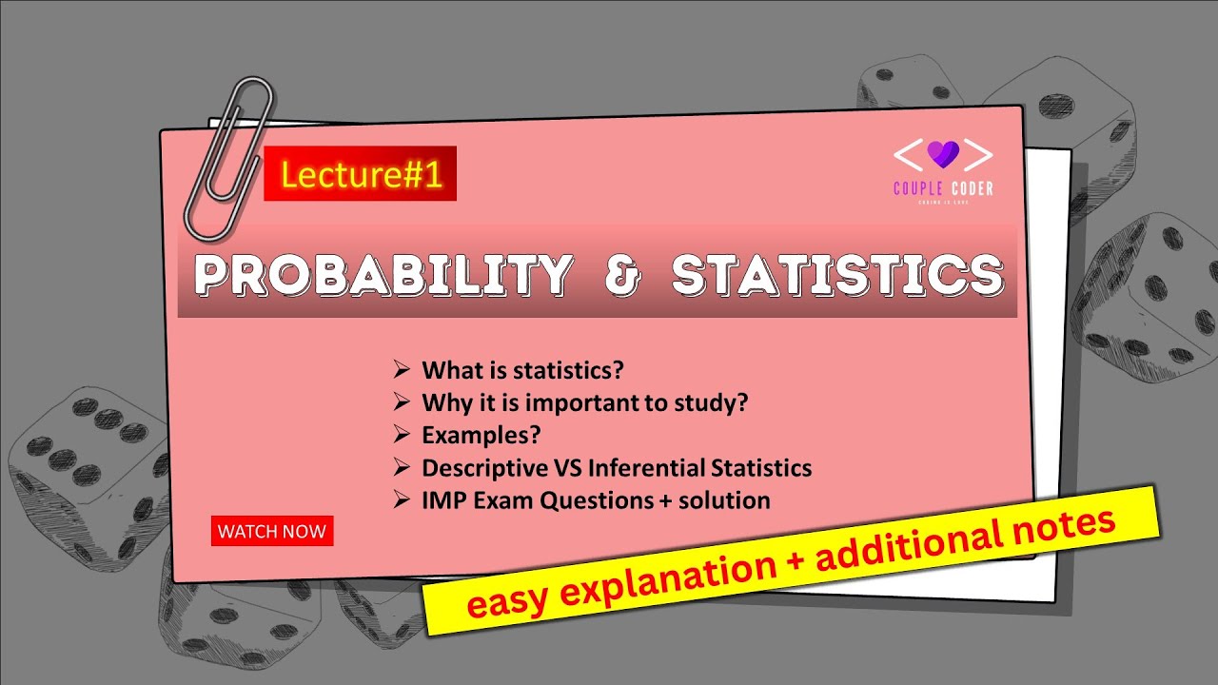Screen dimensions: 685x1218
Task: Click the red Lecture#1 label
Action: click(x=361, y=175)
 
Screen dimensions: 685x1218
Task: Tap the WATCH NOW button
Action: click(x=272, y=532)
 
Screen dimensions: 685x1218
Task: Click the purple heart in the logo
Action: click(x=942, y=153)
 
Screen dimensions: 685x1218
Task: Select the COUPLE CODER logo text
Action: click(x=942, y=188)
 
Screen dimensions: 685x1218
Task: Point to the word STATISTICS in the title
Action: click(x=836, y=275)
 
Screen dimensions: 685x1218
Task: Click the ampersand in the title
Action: click(x=621, y=275)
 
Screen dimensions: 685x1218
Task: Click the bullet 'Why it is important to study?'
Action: click(x=584, y=402)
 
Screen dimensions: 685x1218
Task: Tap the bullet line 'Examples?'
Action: click(x=481, y=435)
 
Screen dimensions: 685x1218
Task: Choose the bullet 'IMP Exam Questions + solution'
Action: click(x=595, y=500)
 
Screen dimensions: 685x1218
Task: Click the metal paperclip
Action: click(x=228, y=157)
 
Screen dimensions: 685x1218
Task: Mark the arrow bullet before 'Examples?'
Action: click(x=401, y=435)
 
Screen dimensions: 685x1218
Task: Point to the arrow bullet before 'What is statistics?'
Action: click(x=401, y=370)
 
